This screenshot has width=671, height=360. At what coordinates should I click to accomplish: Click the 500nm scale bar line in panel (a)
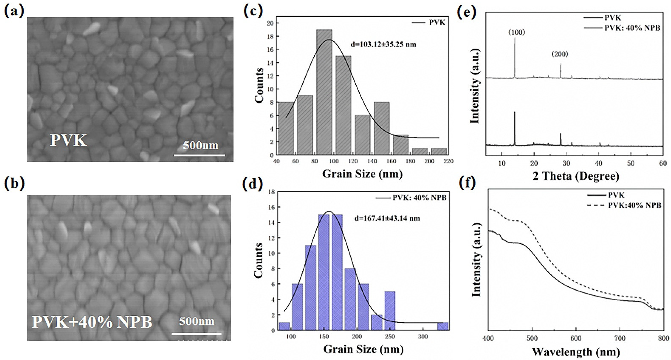pyautogui.click(x=199, y=155)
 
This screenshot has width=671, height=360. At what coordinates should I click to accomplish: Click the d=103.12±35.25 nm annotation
pyautogui.click(x=383, y=45)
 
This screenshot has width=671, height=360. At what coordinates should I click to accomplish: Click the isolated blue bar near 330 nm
pyautogui.click(x=443, y=326)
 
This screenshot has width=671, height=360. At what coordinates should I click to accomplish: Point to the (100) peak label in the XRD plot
pyautogui.click(x=516, y=32)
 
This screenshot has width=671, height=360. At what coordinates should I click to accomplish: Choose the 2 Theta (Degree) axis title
pyautogui.click(x=576, y=176)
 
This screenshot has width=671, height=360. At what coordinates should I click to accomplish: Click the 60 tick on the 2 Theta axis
pyautogui.click(x=663, y=163)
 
